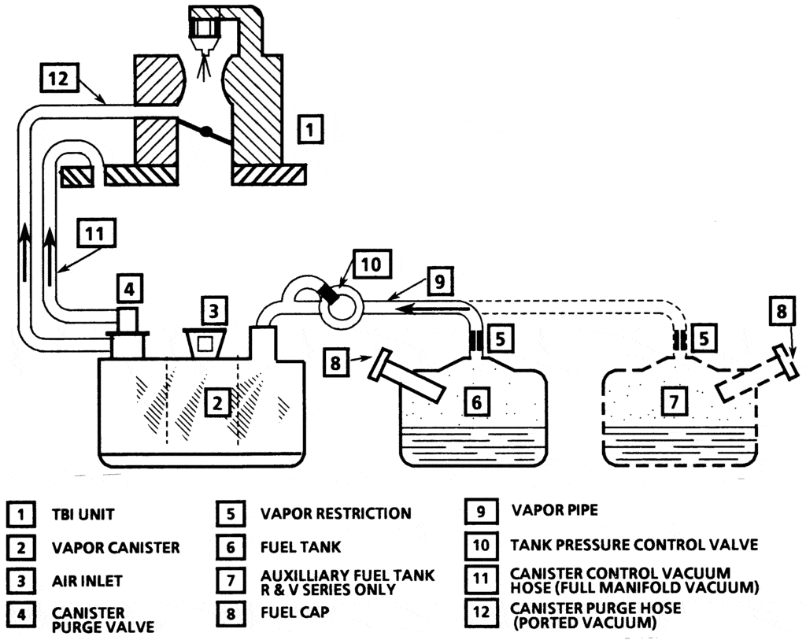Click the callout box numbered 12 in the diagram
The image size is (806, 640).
[x=58, y=78]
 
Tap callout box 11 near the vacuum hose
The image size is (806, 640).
[x=95, y=233]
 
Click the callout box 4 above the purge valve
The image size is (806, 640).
[x=128, y=289]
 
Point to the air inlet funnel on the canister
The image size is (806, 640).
[x=205, y=342]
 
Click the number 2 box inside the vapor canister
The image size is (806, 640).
[x=218, y=403]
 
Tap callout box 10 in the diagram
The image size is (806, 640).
[x=372, y=265]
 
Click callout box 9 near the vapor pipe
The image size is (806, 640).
[x=439, y=281]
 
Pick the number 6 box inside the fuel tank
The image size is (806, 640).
[x=476, y=402]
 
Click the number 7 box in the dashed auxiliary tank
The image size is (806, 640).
[x=674, y=401]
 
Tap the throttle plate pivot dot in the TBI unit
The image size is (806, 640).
[x=205, y=131]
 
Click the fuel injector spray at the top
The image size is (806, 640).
[x=204, y=65]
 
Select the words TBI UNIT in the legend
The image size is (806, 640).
[x=83, y=515]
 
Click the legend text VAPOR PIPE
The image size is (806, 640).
[x=555, y=510]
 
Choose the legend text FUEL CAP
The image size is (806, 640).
[x=294, y=612]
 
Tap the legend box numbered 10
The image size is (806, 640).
[x=481, y=545]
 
